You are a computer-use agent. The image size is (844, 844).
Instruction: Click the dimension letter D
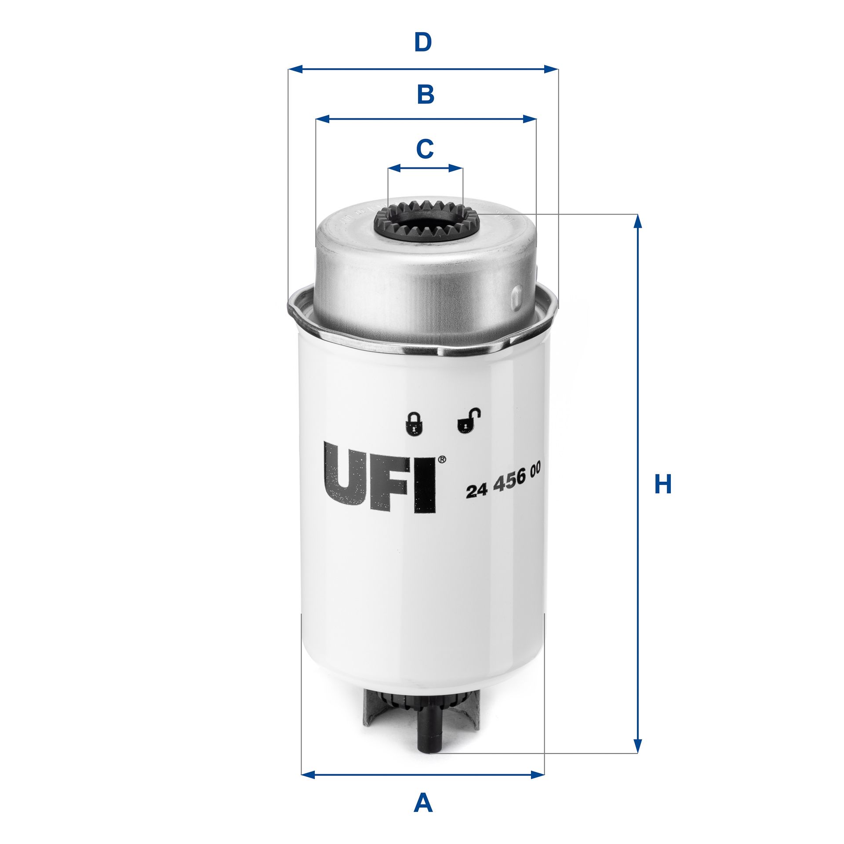423,43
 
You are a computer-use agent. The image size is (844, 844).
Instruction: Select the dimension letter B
426,95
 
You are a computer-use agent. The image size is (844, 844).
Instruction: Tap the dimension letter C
425,149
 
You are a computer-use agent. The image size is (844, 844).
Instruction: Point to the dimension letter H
663,484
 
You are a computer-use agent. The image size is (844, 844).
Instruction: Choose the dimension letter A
423,803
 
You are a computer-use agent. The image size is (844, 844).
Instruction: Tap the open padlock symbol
466,421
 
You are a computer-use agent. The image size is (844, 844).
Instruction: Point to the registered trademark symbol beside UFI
442,459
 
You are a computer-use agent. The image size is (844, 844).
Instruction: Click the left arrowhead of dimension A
308,775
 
